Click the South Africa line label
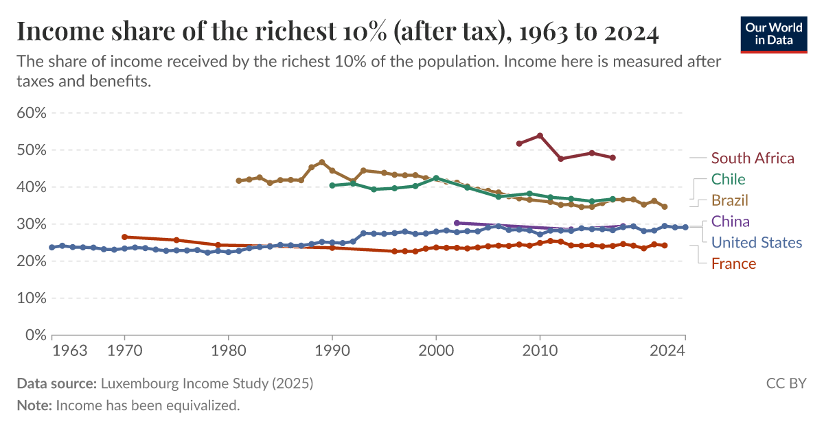click(x=753, y=158)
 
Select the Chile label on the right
click(x=728, y=180)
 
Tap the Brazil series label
click(x=729, y=200)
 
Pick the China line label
click(x=730, y=222)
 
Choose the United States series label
click(x=756, y=243)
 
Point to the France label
click(x=733, y=264)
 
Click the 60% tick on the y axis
click(x=31, y=113)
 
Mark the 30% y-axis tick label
click(x=31, y=224)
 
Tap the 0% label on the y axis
click(x=34, y=335)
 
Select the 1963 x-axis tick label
click(x=69, y=351)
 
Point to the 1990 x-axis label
click(x=332, y=351)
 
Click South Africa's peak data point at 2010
click(x=540, y=136)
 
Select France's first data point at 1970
click(x=124, y=237)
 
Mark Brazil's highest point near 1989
click(x=322, y=163)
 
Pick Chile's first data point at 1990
click(x=332, y=185)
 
